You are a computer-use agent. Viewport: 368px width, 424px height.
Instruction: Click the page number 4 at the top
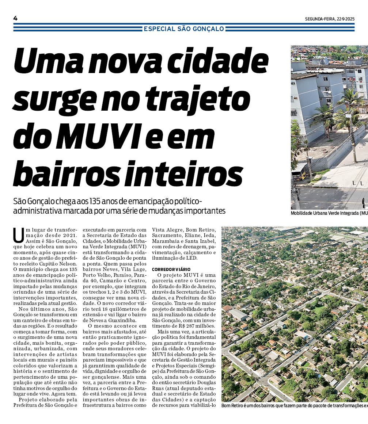click(15, 18)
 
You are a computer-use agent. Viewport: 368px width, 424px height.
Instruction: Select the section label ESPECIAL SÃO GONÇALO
click(184, 29)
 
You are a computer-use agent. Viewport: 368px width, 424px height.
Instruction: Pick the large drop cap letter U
click(18, 235)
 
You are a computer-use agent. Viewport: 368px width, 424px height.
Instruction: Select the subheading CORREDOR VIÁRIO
click(171, 269)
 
